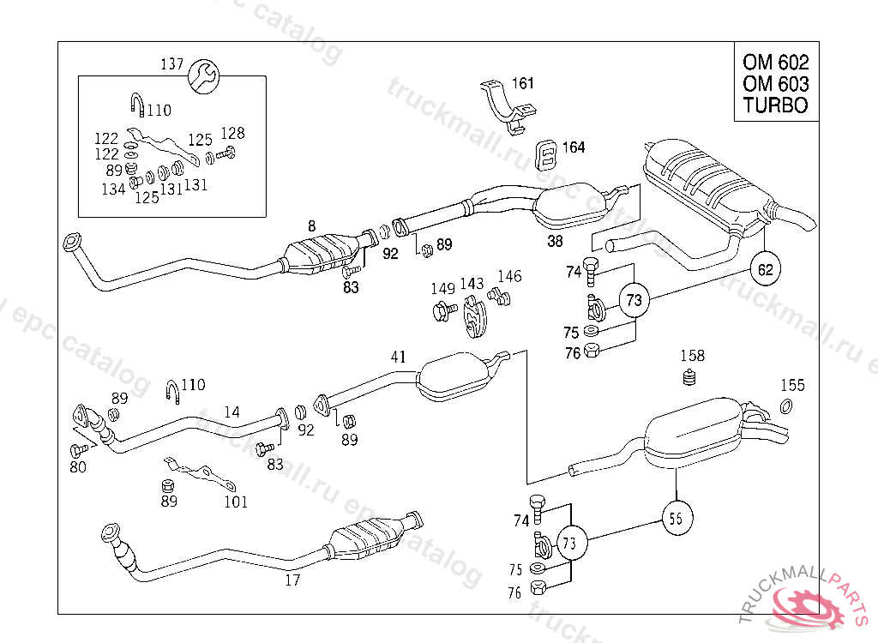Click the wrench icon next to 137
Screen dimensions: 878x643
click(203, 77)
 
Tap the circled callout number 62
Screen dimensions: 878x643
click(765, 269)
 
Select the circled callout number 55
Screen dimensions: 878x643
click(677, 518)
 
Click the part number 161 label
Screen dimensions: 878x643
click(523, 83)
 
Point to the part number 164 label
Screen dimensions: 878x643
click(574, 147)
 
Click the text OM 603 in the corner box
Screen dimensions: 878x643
click(775, 84)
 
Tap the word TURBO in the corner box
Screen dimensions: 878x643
click(775, 105)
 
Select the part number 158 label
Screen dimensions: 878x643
click(692, 356)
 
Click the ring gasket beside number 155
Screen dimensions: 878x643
click(785, 406)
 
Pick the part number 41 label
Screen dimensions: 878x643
click(398, 357)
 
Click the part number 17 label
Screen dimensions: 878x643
click(292, 580)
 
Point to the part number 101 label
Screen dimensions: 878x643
click(236, 502)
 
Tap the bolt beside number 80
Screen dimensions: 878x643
click(79, 449)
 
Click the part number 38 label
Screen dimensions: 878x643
click(555, 242)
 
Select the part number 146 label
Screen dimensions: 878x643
click(509, 276)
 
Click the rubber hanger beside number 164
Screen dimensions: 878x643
click(547, 155)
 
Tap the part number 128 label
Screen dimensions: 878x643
click(233, 133)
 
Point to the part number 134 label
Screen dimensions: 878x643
click(113, 189)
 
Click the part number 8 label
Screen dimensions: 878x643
click(312, 226)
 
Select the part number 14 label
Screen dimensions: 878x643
click(232, 412)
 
